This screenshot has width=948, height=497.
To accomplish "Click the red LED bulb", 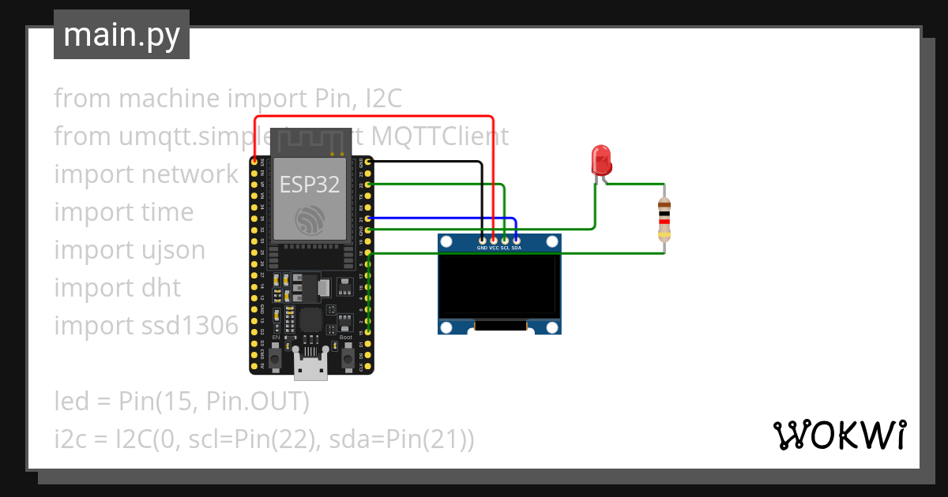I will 601,159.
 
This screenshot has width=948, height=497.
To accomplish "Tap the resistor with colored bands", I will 664,219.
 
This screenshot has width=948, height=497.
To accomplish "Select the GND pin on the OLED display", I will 482,238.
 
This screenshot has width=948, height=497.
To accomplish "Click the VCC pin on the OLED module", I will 494,238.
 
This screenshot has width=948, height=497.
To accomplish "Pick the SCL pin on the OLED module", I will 505,238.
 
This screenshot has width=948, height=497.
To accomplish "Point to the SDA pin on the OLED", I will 517,238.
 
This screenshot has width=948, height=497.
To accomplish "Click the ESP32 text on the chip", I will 310,185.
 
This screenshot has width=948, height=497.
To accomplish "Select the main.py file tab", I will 122,35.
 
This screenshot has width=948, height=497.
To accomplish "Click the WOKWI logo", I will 839,435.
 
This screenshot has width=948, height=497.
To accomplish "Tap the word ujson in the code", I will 173,250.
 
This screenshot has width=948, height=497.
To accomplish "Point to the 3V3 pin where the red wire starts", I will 254,162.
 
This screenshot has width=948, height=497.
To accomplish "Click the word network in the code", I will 190,174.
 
